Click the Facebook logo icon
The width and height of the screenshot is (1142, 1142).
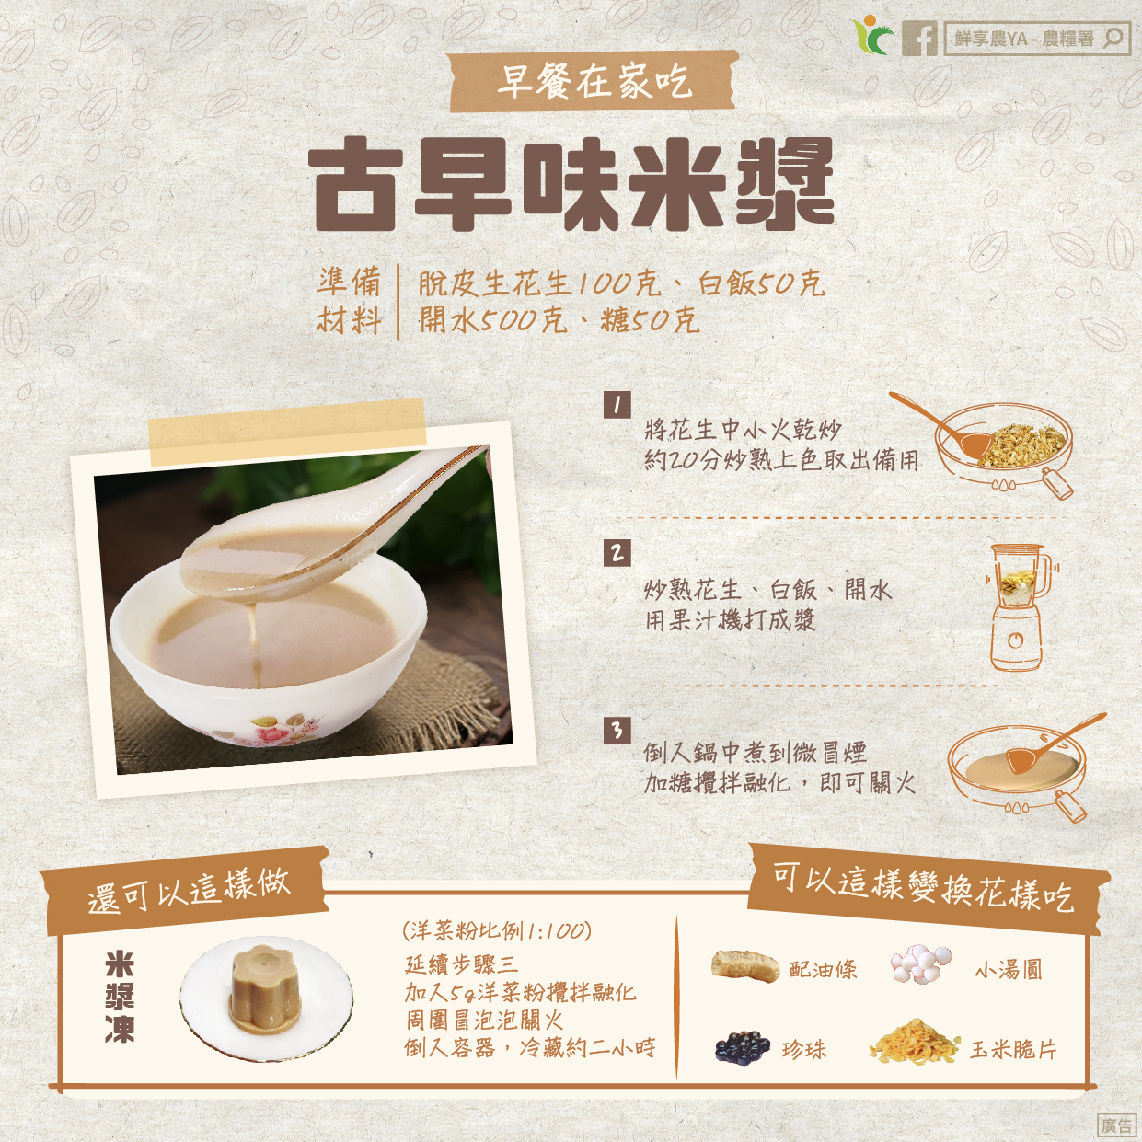pyautogui.click(x=919, y=39)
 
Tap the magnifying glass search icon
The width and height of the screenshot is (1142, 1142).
pyautogui.click(x=1113, y=39)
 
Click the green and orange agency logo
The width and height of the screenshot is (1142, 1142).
pyautogui.click(x=873, y=36)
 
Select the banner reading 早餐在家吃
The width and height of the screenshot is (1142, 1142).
pyautogui.click(x=594, y=82)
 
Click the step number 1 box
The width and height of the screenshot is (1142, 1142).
pyautogui.click(x=617, y=406)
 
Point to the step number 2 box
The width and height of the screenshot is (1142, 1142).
pyautogui.click(x=617, y=553)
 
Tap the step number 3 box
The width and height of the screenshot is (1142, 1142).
pyautogui.click(x=617, y=730)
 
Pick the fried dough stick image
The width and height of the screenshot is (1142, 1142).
pyautogui.click(x=745, y=968)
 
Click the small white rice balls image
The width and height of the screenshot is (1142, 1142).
pyautogui.click(x=921, y=964)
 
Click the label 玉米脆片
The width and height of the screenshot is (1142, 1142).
pyautogui.click(x=1013, y=1050)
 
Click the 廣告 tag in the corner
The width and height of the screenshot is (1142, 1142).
pyautogui.click(x=1117, y=1124)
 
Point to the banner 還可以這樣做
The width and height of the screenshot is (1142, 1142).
pyautogui.click(x=189, y=890)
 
